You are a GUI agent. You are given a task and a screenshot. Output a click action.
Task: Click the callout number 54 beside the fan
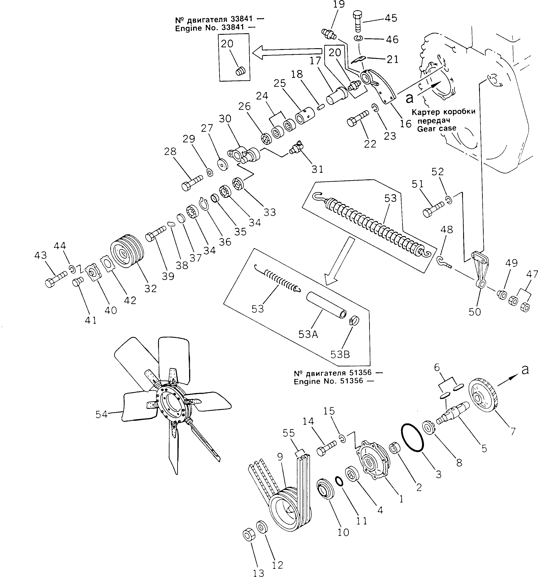(101, 414)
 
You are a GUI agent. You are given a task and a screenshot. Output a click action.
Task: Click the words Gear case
(436, 128)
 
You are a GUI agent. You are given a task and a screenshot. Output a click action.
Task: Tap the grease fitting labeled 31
(296, 147)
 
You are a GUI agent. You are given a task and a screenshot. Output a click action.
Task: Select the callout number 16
(406, 124)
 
